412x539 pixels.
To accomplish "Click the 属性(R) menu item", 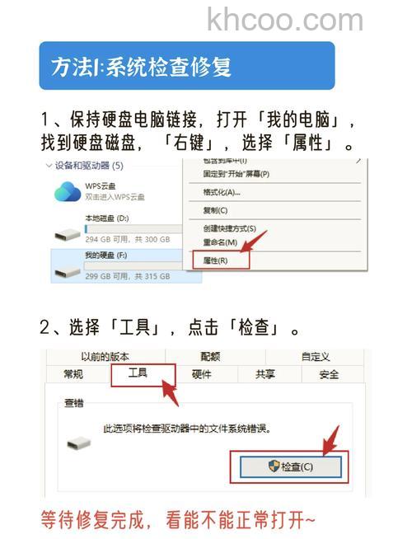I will click(x=216, y=260).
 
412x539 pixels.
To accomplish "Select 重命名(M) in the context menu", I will click(x=220, y=242).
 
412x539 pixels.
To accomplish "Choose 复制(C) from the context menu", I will click(x=216, y=210).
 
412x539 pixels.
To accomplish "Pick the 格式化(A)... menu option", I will click(x=222, y=192).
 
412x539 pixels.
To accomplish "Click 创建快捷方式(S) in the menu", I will click(x=230, y=228).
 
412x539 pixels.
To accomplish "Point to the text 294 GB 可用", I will click(x=105, y=239).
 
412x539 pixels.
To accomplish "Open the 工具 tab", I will click(x=138, y=373).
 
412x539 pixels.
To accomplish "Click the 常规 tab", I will click(x=73, y=374).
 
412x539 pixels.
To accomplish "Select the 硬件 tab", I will click(x=202, y=374).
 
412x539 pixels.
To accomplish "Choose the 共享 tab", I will click(x=265, y=374).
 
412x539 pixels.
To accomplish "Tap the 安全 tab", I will click(x=329, y=374).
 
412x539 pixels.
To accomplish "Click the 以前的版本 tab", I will click(x=105, y=357).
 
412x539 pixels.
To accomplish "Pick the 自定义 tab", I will click(x=315, y=357).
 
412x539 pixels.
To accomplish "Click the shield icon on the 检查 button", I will click(x=274, y=466).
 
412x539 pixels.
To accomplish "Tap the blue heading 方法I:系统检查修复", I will click(x=141, y=66).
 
